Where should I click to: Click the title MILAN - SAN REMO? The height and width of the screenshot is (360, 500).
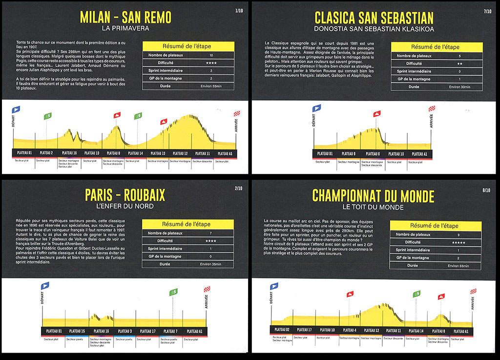click(x=125, y=18)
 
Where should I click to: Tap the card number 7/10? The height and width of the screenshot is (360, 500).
click(x=487, y=11)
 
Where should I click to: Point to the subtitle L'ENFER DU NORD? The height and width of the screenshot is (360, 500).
click(x=125, y=207)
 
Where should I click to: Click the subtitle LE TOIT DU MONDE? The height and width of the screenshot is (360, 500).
click(x=374, y=208)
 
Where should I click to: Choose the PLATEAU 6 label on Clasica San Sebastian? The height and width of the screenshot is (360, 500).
click(x=373, y=154)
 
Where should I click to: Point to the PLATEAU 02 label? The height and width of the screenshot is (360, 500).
click(x=282, y=330)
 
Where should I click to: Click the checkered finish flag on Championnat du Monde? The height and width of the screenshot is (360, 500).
click(x=473, y=291)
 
